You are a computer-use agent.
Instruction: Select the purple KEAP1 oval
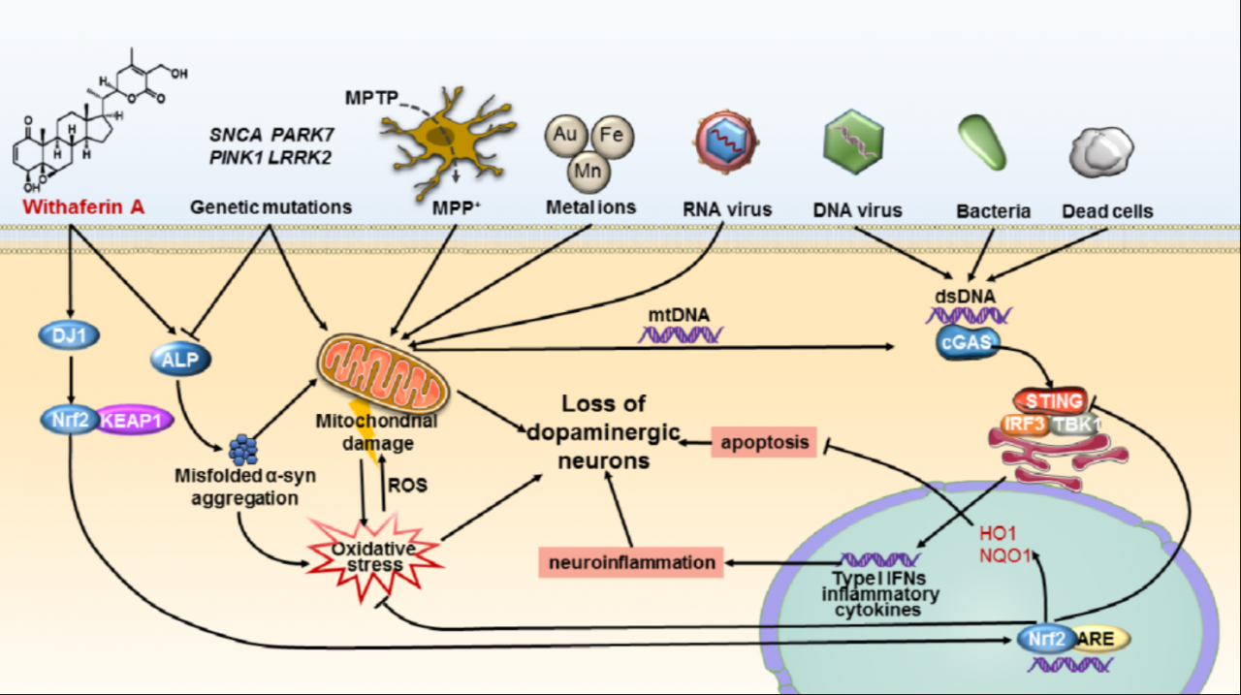coord(132,420)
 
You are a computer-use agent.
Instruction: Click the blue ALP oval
coord(180,360)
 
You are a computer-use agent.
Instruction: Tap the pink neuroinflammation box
coord(630,561)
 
